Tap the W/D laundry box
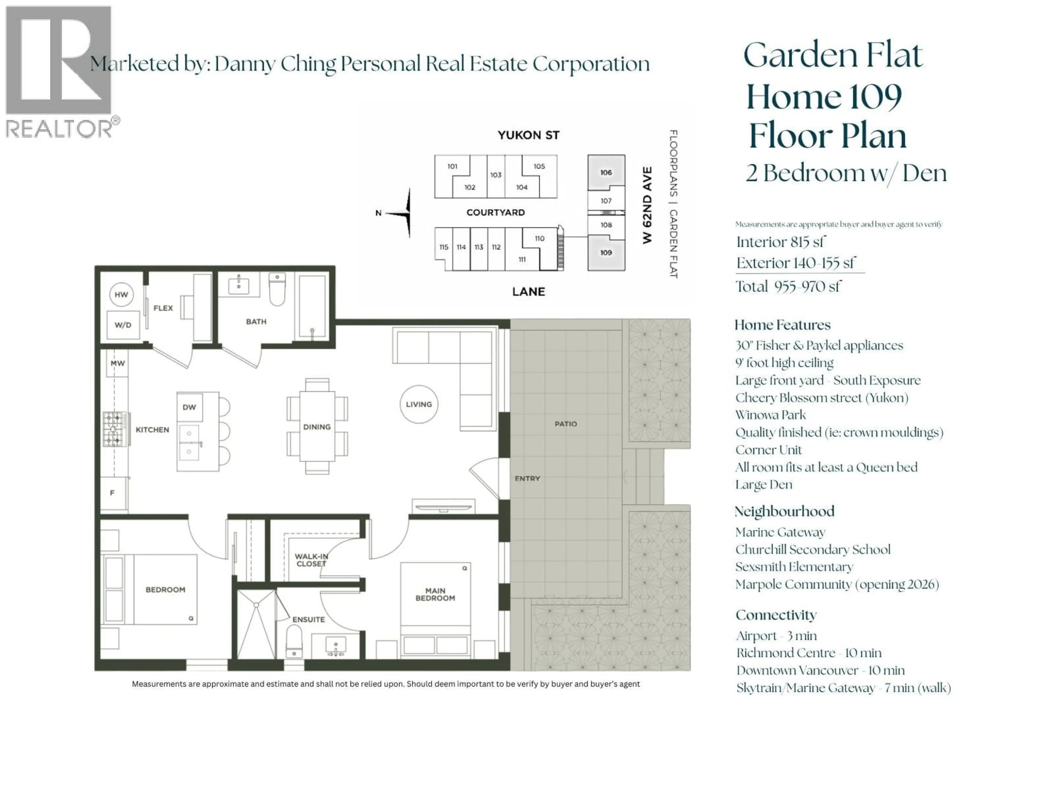point(123,325)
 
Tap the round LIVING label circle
point(419,404)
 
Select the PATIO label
point(565,424)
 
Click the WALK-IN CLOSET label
point(311,560)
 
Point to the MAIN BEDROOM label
point(435,594)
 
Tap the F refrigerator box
point(113,493)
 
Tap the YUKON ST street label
point(528,135)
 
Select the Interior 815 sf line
point(781,242)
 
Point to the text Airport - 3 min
point(776,636)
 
